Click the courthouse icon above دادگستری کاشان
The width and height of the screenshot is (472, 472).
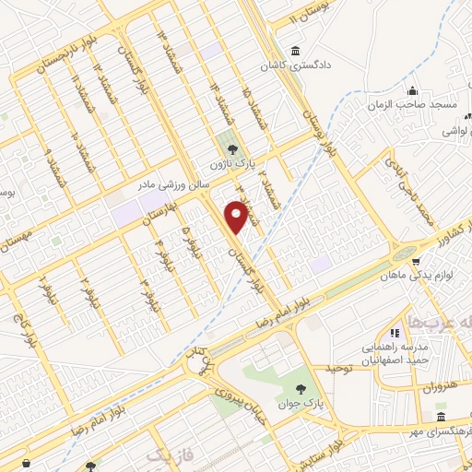295,52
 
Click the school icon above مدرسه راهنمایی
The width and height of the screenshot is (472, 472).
395,332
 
